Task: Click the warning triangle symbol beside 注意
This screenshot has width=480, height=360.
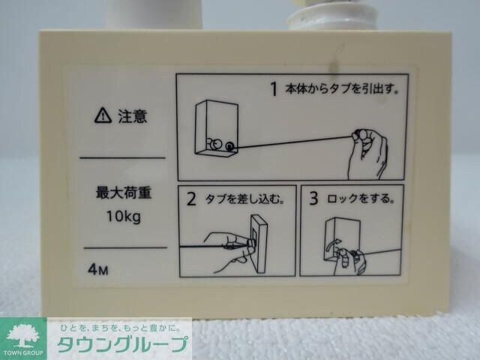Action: (x=101, y=115)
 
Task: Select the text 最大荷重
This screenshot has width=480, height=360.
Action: (x=123, y=193)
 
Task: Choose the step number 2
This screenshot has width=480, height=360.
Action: (x=191, y=199)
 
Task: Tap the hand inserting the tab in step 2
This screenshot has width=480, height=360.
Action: (x=227, y=251)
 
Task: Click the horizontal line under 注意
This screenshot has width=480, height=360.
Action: (x=122, y=157)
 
